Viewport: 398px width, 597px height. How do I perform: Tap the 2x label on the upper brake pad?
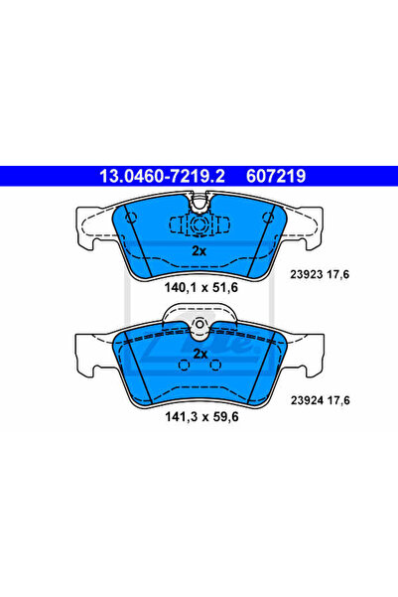point(199,250)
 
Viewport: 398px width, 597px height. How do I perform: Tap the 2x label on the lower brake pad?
point(199,354)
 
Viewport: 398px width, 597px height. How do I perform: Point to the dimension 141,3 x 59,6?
point(199,417)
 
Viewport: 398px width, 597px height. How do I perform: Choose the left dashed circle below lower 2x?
point(183,366)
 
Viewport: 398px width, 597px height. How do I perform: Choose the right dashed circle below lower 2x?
point(214,366)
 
